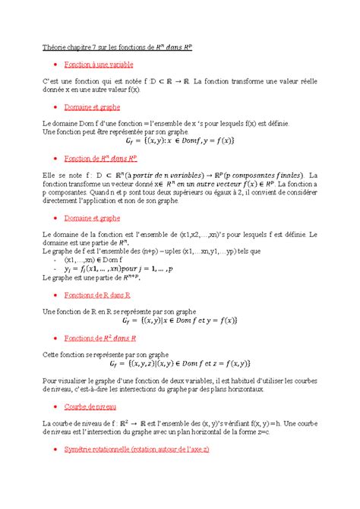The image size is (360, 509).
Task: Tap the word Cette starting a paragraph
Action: coord(53,353)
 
